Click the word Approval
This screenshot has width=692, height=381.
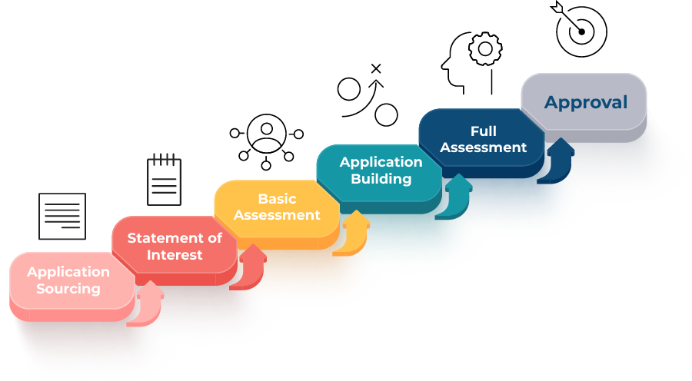586,102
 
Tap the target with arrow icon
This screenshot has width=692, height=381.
581,29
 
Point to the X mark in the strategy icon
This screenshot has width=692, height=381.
376,70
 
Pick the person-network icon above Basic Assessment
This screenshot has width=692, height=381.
267,141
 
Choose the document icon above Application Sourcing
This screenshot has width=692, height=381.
62,216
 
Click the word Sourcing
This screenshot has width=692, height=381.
68,289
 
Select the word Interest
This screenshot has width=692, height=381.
175,254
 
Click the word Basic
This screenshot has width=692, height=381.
277,200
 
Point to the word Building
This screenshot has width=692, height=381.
381,178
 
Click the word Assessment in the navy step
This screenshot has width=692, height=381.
484,147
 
